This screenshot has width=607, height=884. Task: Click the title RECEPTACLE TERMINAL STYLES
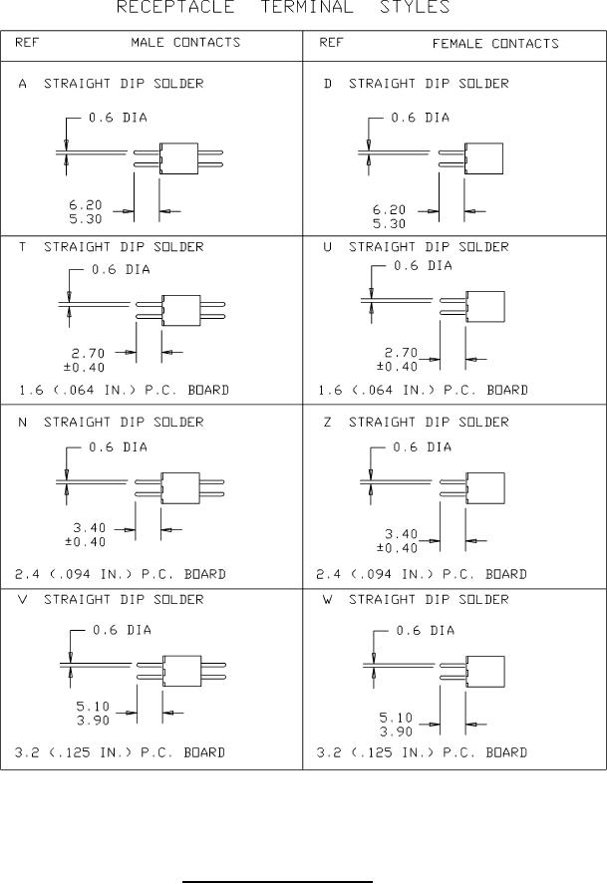pyautogui.click(x=283, y=8)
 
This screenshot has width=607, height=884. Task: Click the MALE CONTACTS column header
pyautogui.click(x=185, y=43)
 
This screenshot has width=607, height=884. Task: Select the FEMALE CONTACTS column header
pyautogui.click(x=495, y=44)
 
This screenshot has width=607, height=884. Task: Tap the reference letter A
pyautogui.click(x=23, y=84)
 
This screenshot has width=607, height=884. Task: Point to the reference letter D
pyautogui.click(x=327, y=84)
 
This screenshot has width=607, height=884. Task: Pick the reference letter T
pyautogui.click(x=23, y=246)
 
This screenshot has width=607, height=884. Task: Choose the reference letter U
pyautogui.click(x=327, y=246)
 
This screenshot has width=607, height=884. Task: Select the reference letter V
pyautogui.click(x=23, y=599)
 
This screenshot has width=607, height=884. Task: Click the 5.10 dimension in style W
pyautogui.click(x=398, y=716)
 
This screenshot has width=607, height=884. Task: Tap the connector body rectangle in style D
pyautogui.click(x=486, y=158)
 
